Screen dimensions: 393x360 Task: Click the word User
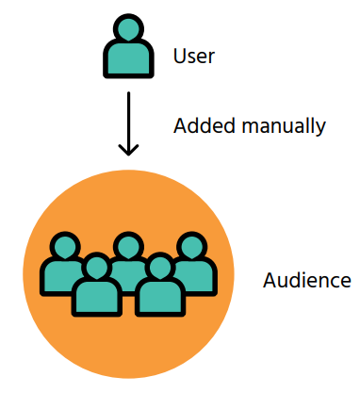(x=194, y=56)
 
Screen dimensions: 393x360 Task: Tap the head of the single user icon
(x=127, y=32)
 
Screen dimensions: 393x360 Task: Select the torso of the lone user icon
(x=127, y=62)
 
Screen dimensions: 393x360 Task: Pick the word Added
(x=200, y=124)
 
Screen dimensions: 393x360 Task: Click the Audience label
(x=307, y=281)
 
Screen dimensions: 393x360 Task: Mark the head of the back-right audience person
(x=191, y=247)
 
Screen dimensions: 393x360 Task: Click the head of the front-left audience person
(x=95, y=268)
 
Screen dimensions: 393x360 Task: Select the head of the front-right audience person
(x=158, y=268)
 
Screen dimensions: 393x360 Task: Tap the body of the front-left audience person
(x=95, y=298)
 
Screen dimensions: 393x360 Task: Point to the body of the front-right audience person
(x=158, y=298)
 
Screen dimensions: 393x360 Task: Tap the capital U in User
(x=180, y=56)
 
